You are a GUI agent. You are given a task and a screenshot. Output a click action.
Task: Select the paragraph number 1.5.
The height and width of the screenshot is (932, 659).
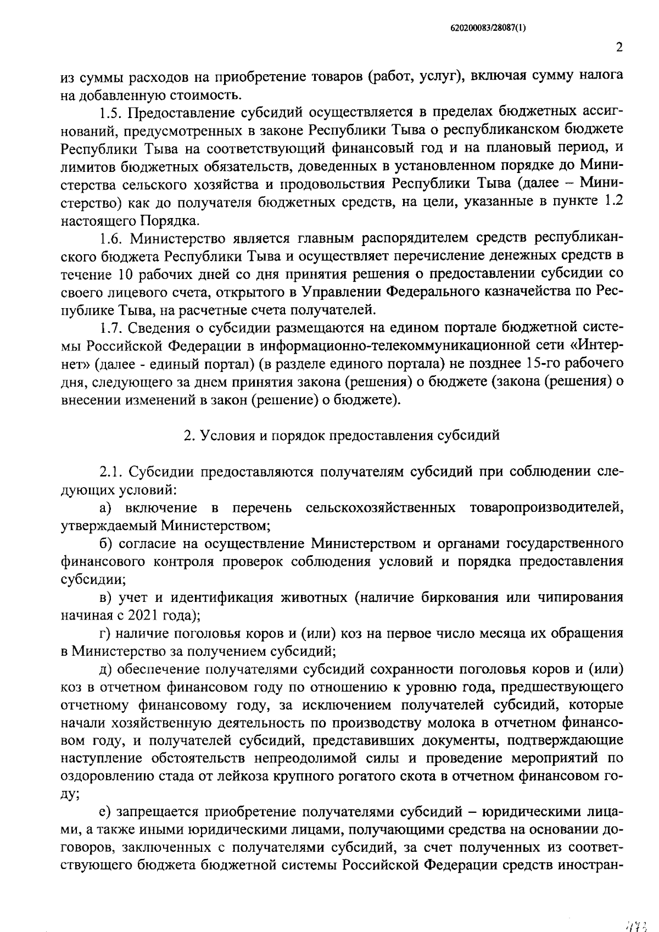[x=113, y=113]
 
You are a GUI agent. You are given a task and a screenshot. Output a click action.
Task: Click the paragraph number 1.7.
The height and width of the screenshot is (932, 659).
[x=113, y=328]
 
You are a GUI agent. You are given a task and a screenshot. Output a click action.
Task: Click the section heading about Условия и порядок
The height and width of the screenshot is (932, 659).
[x=341, y=436]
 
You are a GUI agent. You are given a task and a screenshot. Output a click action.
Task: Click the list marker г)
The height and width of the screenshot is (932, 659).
[x=105, y=633]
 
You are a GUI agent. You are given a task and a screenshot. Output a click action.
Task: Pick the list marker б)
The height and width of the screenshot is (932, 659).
[x=106, y=543]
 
